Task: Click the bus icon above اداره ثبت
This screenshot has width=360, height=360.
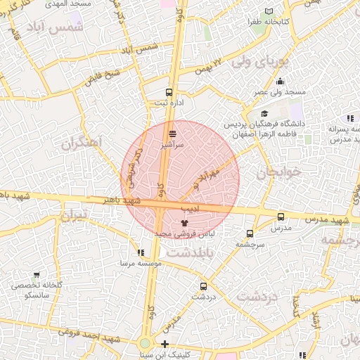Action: coord(169,92)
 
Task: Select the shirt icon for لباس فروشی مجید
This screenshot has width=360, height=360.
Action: coord(185,222)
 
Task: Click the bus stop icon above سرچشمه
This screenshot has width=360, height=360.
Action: coord(250,233)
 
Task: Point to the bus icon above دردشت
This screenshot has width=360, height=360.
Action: coord(204,286)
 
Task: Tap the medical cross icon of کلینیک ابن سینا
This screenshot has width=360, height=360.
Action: coord(165,344)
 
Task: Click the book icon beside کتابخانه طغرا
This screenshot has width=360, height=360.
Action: coord(269,11)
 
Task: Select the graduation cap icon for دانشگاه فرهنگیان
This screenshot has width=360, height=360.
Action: coord(264,114)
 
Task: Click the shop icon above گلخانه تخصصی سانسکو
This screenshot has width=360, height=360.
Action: coord(37,275)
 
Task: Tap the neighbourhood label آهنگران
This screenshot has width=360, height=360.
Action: coord(82,143)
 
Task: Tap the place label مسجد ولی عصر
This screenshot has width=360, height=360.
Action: coord(280,92)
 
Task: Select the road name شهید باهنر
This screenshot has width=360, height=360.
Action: coord(124,201)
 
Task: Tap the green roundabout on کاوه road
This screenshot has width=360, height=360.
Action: coord(145,343)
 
